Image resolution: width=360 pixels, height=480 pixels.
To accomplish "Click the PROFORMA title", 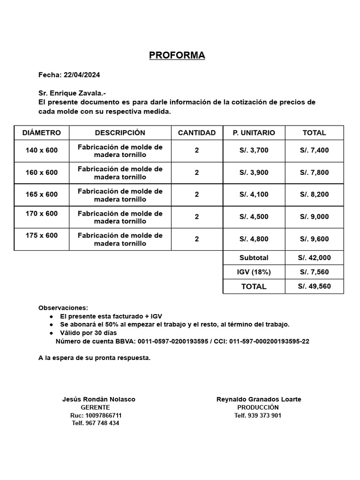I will click(177, 55).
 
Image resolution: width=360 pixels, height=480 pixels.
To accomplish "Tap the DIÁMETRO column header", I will click(42, 133).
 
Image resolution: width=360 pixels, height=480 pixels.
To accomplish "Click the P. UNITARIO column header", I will click(254, 133).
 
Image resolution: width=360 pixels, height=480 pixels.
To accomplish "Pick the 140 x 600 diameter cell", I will click(42, 150).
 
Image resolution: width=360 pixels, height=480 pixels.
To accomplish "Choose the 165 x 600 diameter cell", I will click(42, 195).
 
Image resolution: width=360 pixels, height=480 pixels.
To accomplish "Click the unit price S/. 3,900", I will click(254, 172).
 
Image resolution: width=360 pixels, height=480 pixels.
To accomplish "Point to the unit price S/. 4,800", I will click(254, 239).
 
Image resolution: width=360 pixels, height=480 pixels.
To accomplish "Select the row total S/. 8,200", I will click(314, 195).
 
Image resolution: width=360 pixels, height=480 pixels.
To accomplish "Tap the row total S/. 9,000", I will click(314, 217).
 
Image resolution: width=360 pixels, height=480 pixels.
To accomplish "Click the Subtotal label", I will click(254, 258).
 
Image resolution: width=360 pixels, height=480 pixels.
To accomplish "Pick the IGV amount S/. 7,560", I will click(314, 272).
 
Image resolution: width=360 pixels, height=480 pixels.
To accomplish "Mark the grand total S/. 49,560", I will click(314, 286).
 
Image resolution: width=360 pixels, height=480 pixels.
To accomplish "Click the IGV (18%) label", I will click(254, 272).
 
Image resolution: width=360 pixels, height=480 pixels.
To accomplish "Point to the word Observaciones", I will click(63, 308).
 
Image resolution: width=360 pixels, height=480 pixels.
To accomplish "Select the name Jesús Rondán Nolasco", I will click(98, 399).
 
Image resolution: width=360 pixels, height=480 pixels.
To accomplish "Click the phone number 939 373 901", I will click(264, 415).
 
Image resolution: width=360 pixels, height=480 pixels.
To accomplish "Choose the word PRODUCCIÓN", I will click(258, 407).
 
